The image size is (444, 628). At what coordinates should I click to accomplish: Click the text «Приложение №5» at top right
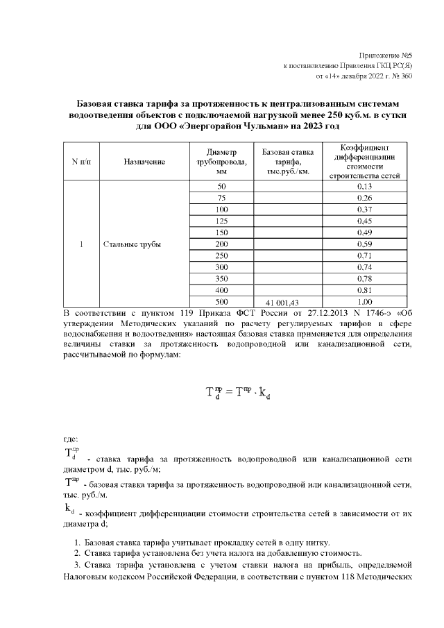387,55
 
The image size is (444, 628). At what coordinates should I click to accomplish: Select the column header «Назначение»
144,162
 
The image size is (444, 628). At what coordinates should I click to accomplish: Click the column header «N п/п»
81,162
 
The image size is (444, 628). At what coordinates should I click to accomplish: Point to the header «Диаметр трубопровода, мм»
221,162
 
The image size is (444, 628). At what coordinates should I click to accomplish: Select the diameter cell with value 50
221,187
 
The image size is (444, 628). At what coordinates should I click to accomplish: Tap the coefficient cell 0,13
364,187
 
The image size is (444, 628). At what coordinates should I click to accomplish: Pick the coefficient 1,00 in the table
364,302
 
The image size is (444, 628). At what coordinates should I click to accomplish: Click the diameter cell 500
221,302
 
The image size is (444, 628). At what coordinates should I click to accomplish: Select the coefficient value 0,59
364,244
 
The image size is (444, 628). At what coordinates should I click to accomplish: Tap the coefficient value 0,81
364,290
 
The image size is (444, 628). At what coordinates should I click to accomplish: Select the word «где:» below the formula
71,439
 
